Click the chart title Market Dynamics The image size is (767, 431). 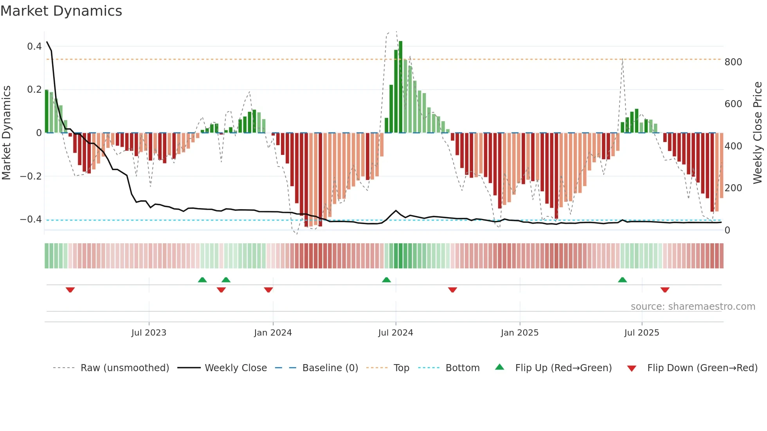pyautogui.click(x=61, y=11)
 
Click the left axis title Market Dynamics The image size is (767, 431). pyautogui.click(x=7, y=133)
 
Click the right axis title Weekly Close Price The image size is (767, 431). pyautogui.click(x=758, y=133)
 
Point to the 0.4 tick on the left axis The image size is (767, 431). pyautogui.click(x=34, y=47)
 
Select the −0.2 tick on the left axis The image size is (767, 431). pyautogui.click(x=31, y=176)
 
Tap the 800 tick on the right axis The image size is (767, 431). pyautogui.click(x=733, y=62)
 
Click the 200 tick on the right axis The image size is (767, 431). pyautogui.click(x=733, y=188)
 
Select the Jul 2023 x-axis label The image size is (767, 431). pyautogui.click(x=149, y=333)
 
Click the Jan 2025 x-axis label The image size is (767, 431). pyautogui.click(x=519, y=333)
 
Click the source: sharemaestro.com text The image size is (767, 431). pyautogui.click(x=693, y=307)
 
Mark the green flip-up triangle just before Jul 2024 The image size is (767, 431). pyautogui.click(x=386, y=280)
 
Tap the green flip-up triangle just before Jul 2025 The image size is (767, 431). pyautogui.click(x=622, y=280)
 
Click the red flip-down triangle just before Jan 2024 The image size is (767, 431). pyautogui.click(x=268, y=290)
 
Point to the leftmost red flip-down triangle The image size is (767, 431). pyautogui.click(x=70, y=290)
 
